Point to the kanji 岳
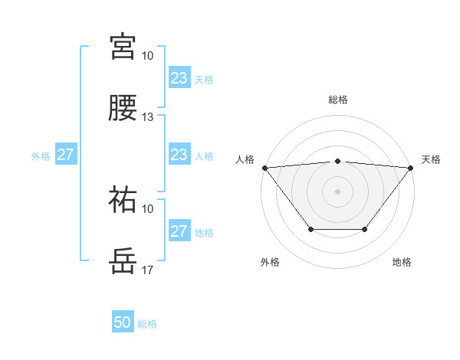123,260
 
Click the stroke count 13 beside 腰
148,117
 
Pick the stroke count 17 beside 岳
148,270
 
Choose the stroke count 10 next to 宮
148,56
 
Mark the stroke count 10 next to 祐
148,209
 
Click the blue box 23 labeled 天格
179,78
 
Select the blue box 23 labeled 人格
179,155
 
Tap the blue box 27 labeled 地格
179,231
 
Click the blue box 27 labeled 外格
66,155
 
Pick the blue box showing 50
123,322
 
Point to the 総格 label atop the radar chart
338,100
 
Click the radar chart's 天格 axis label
431,159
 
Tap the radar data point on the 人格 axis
264,167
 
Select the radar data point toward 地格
365,229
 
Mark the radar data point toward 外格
310,229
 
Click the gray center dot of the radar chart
338,191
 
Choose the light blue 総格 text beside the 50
147,324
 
